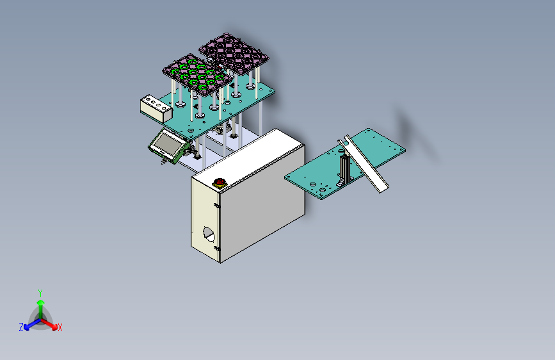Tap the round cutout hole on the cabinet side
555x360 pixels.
209,234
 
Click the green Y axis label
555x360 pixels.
40,292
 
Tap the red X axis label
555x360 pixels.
60,327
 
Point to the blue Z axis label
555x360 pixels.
21,327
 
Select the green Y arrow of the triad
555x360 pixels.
40,304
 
